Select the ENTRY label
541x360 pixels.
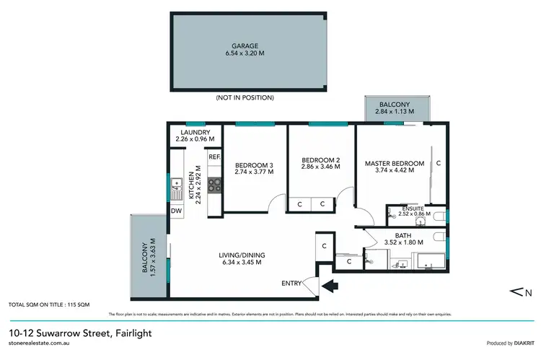coord(292,283)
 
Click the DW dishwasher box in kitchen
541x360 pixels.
coord(176,211)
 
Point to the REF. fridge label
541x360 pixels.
coord(214,157)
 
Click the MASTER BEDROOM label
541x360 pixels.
coord(394,162)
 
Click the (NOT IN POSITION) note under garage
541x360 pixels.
coord(245,97)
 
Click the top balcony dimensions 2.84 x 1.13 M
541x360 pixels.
coord(395,112)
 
